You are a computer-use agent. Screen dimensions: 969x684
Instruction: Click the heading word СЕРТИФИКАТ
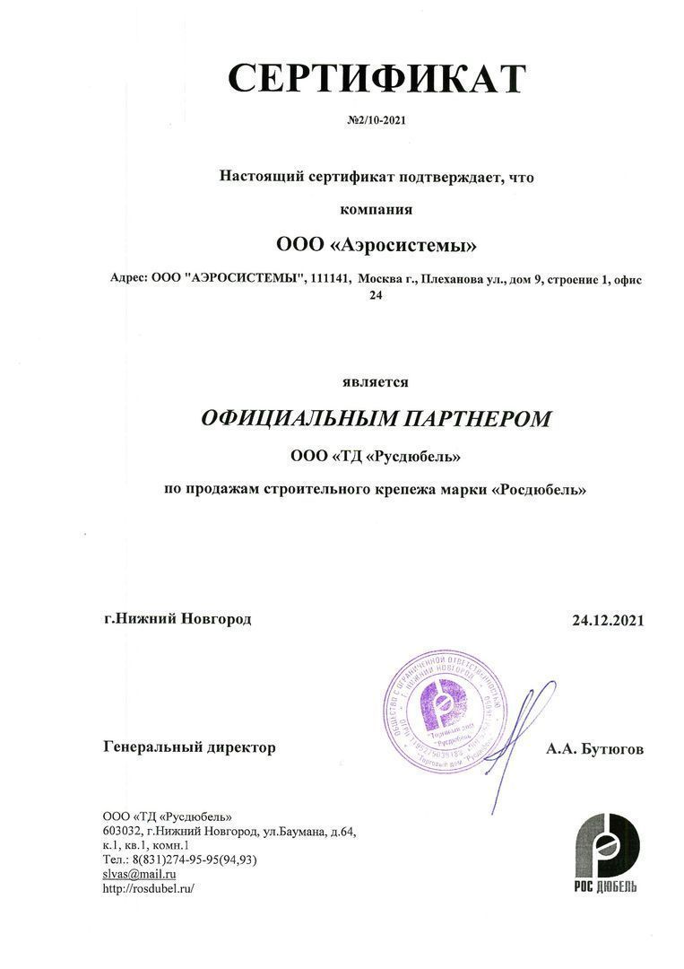pos(376,78)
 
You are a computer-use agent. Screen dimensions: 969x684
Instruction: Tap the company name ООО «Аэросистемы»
pos(377,245)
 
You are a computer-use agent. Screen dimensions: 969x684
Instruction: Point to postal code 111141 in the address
pos(328,280)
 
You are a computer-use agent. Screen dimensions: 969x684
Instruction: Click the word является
pos(376,382)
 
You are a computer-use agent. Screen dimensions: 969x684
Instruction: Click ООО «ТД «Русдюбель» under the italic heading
pos(377,457)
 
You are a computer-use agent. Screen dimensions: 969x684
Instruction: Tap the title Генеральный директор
pos(190,747)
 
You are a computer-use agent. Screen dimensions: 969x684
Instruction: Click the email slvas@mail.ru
pos(140,873)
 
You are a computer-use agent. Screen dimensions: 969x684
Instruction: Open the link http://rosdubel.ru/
pos(149,888)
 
